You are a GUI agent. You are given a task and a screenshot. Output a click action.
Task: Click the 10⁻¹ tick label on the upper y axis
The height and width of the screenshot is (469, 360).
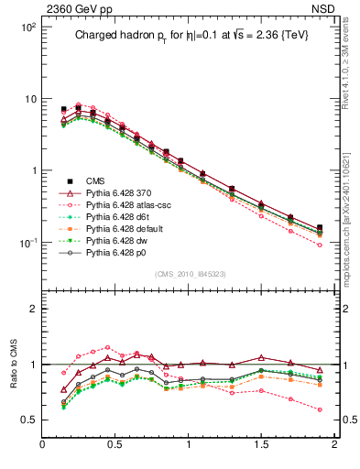pyautogui.click(x=27, y=243)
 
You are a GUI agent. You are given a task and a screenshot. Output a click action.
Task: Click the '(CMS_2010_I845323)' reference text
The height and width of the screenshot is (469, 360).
pyautogui.click(x=190, y=274)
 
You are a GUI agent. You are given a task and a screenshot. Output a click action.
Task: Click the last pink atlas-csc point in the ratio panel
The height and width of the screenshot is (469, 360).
pyautogui.click(x=320, y=409)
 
